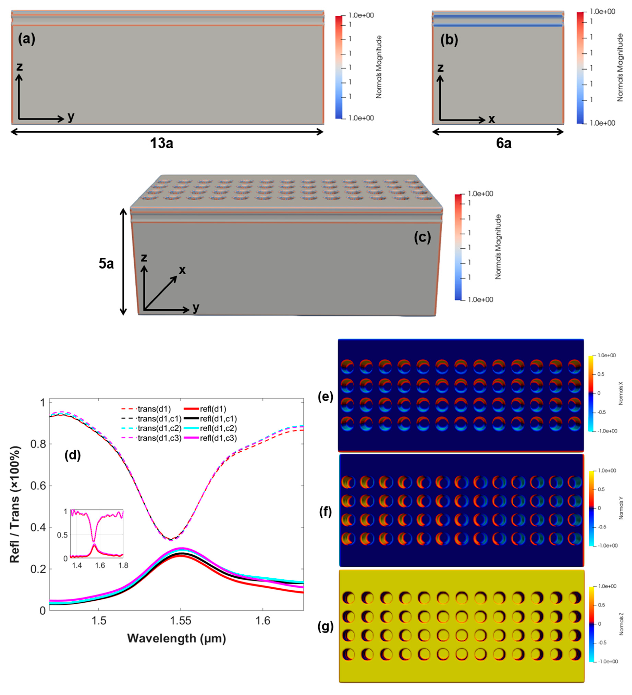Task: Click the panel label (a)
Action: coord(27,39)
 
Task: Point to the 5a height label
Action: coord(106,264)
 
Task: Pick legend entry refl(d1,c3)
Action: coord(218,438)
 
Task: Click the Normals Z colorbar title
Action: coord(621,624)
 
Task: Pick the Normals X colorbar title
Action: coord(621,393)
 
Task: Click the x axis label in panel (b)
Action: coord(491,119)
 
